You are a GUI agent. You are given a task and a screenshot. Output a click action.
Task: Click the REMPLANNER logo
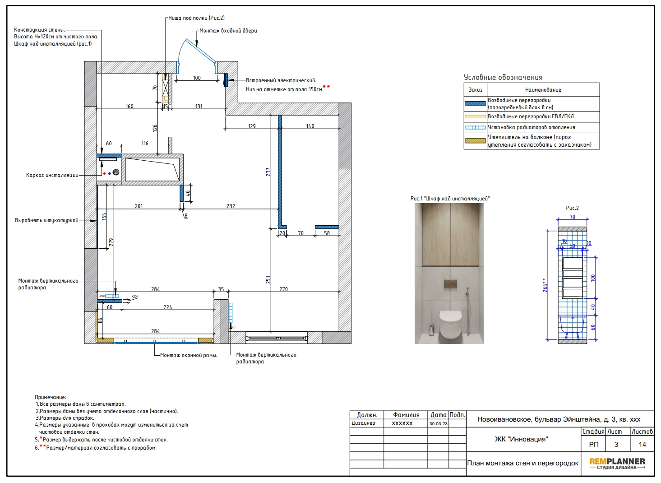tap(617, 463)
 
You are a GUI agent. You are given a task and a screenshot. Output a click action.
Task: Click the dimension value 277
tap(268, 172)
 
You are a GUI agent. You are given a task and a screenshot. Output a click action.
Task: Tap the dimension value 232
tap(231, 206)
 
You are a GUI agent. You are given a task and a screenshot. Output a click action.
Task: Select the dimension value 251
tap(268, 280)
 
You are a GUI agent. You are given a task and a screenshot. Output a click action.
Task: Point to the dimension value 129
tap(252, 126)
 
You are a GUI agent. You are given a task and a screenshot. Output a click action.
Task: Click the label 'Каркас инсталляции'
tap(52, 175)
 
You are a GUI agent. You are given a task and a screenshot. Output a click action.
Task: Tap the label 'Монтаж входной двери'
tap(228, 31)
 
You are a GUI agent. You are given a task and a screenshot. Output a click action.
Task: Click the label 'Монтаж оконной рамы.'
tap(189, 355)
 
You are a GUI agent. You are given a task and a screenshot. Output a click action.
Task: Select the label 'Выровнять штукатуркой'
tap(46, 221)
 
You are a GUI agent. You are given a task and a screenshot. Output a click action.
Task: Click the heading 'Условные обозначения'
tap(503, 77)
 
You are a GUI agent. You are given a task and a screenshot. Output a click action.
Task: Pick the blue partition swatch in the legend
tap(475, 104)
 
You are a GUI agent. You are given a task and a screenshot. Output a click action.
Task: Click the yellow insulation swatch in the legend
tap(475, 141)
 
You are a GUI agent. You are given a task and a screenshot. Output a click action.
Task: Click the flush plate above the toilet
tap(450, 284)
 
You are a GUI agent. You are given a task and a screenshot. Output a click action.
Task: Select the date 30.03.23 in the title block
tap(438, 424)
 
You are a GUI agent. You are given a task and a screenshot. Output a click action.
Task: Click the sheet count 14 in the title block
tap(642, 445)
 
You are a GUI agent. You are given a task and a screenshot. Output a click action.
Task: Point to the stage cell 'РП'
tap(593, 445)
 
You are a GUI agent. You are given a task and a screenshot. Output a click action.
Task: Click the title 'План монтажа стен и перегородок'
tap(522, 463)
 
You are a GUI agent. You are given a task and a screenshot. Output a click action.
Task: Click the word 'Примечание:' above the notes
tap(51, 397)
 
